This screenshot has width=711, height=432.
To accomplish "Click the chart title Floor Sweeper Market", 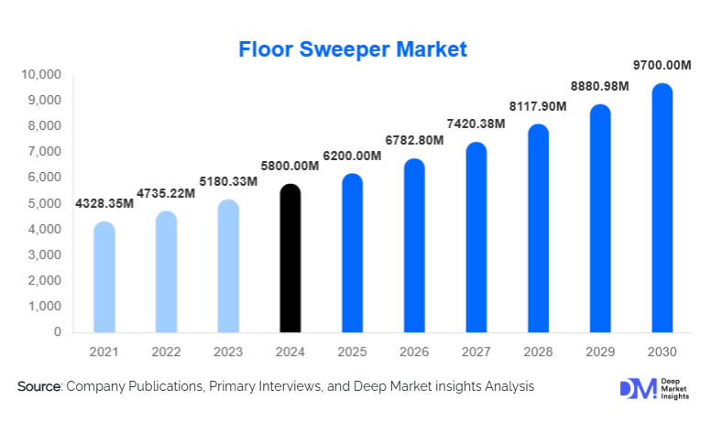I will click(x=353, y=49).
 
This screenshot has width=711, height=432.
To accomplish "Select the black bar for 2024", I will click(x=290, y=259).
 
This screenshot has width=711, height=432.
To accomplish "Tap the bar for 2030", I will click(x=662, y=209).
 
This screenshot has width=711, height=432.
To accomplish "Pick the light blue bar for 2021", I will click(x=104, y=277).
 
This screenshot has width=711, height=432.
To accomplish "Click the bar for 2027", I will click(x=476, y=238).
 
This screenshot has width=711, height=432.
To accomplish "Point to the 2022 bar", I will click(x=167, y=272).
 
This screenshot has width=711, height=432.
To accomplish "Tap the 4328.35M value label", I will click(x=104, y=202).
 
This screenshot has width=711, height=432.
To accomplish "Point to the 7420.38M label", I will click(x=476, y=124).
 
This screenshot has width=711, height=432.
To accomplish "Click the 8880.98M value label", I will click(x=600, y=86).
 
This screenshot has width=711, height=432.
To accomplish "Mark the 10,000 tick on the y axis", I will click(x=41, y=74).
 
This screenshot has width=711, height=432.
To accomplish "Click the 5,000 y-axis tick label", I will click(x=45, y=203).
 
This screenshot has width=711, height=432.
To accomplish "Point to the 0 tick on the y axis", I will click(x=57, y=332).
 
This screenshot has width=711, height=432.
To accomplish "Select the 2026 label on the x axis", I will click(x=414, y=352).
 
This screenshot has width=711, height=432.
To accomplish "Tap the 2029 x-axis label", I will click(x=600, y=352).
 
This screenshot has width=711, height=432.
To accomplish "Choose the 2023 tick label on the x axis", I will click(x=228, y=352).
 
